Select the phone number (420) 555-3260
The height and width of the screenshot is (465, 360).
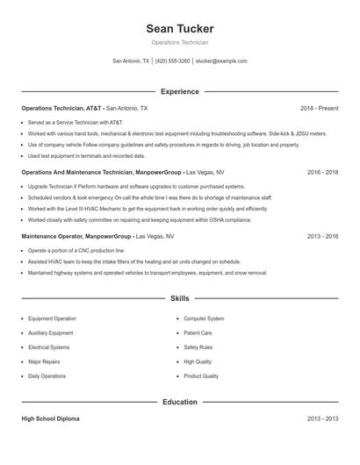[173, 61]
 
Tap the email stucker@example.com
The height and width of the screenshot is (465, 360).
[221, 61]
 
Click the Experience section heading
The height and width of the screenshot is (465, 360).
[179, 91]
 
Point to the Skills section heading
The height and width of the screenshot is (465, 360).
[179, 299]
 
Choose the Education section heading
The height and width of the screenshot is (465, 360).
[179, 402]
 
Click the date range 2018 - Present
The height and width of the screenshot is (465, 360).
[319, 108]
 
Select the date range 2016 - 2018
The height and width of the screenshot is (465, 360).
[322, 173]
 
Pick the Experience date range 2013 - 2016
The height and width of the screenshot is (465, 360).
[322, 237]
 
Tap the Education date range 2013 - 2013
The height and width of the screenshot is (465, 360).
[322, 419]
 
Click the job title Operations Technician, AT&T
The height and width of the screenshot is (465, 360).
[61, 108]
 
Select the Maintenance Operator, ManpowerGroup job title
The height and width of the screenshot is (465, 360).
[77, 237]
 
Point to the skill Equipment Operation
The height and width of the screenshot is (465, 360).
[52, 318]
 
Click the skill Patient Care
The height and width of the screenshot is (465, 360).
[198, 333]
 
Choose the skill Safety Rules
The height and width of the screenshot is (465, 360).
[198, 347]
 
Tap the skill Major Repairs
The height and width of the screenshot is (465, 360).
[44, 361]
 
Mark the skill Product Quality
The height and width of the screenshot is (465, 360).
[201, 376]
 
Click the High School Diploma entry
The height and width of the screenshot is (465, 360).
[50, 419]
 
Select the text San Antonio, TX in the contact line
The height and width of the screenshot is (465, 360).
[131, 61]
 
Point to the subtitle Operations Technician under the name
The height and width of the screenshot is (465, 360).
[179, 42]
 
